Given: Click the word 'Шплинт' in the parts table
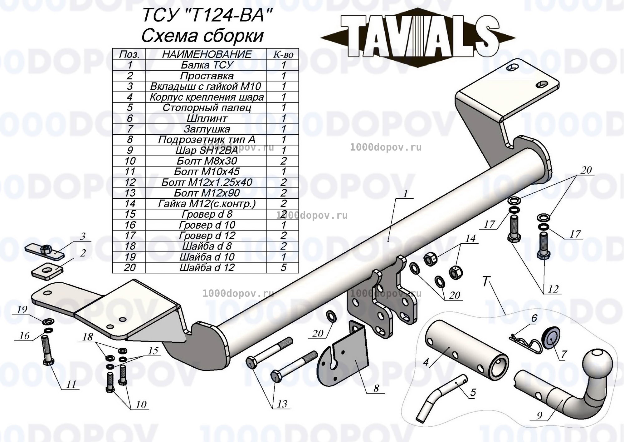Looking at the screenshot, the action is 207,118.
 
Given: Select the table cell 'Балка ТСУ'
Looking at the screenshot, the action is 207,65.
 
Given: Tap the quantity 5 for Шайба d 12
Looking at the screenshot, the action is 283,268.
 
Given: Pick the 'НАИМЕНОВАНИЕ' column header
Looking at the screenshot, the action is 207,54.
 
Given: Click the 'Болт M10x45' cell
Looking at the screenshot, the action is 207,171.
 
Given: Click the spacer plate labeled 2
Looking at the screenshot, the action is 47,271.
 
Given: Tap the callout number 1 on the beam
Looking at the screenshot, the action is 405,194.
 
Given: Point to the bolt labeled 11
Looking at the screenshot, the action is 47,350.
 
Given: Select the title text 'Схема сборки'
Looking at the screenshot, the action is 202,36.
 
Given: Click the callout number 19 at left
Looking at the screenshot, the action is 22,310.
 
